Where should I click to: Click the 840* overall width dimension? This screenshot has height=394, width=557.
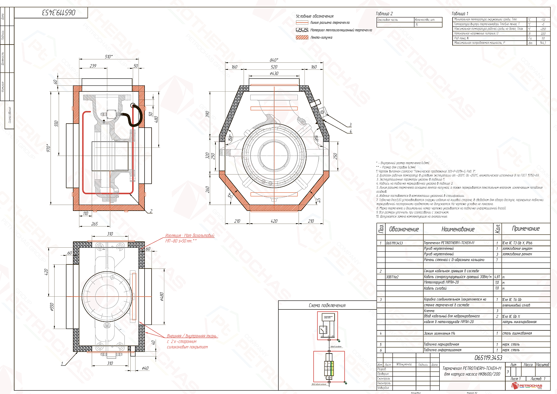(x=274, y=60)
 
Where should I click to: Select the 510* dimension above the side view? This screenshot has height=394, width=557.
(x=108, y=56)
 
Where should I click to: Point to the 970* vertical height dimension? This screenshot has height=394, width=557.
(x=48, y=148)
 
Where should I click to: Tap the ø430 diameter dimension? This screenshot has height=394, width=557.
(x=274, y=74)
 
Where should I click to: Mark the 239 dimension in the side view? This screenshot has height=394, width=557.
(x=93, y=66)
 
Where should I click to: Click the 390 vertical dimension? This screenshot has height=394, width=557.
(x=208, y=114)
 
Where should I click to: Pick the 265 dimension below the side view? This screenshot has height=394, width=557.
(x=94, y=224)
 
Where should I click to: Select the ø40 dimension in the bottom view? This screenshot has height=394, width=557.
(x=145, y=368)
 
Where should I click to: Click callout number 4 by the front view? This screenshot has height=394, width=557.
(x=351, y=131)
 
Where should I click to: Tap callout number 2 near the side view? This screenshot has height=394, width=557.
(x=151, y=211)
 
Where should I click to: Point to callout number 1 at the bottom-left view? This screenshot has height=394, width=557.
(x=62, y=364)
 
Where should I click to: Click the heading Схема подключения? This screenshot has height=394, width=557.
(x=327, y=305)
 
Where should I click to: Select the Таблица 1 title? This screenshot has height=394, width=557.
(x=460, y=14)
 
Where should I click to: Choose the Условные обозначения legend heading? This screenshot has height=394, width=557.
(x=315, y=16)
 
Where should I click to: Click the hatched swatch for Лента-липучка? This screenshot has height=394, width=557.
(x=302, y=38)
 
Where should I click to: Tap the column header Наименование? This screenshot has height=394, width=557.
(x=457, y=229)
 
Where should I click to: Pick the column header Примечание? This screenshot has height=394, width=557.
(x=525, y=229)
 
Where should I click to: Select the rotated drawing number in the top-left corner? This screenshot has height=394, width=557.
(x=58, y=13)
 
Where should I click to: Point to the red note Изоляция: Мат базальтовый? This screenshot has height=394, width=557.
(x=190, y=235)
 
